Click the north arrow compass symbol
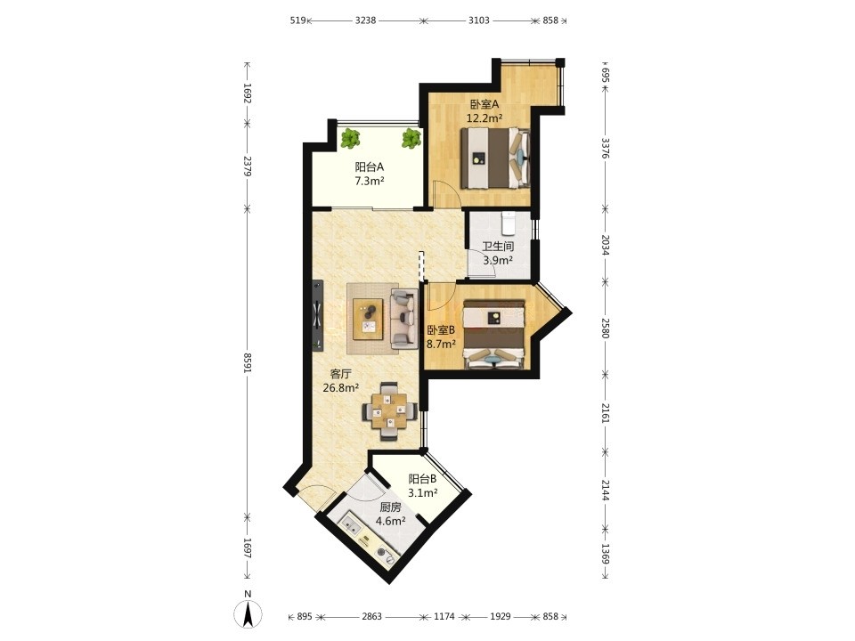(x=248, y=613)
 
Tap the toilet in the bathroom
(x=509, y=222)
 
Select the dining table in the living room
(x=391, y=411)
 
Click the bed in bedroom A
(x=495, y=158)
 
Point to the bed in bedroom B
(x=494, y=335)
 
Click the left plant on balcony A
(x=351, y=138)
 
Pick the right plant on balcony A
(x=411, y=138)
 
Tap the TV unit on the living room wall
(x=317, y=315)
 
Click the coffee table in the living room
(x=369, y=319)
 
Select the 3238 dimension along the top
(x=365, y=20)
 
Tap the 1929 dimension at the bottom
(x=500, y=616)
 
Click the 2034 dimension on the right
(x=605, y=246)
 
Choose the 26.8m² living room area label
(x=341, y=388)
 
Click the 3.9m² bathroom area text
(x=498, y=261)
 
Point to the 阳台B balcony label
(x=423, y=479)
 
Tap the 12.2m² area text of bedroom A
(x=484, y=118)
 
